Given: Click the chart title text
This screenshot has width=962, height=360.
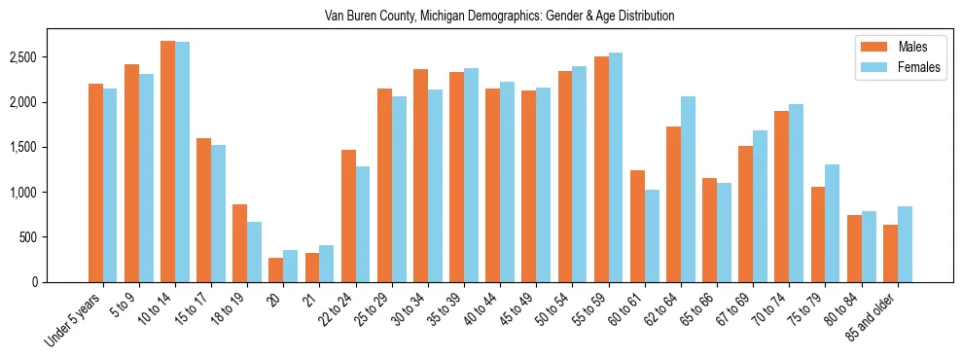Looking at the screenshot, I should [481, 17].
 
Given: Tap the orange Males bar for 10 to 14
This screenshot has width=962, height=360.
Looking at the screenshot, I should [167, 162].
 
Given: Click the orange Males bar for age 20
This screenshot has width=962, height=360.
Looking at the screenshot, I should [275, 270].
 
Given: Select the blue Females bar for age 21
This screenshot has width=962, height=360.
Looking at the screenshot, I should [326, 264].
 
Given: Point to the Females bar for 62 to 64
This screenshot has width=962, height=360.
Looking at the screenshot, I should [688, 189].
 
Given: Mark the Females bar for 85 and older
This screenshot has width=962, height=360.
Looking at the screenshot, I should [905, 244].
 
